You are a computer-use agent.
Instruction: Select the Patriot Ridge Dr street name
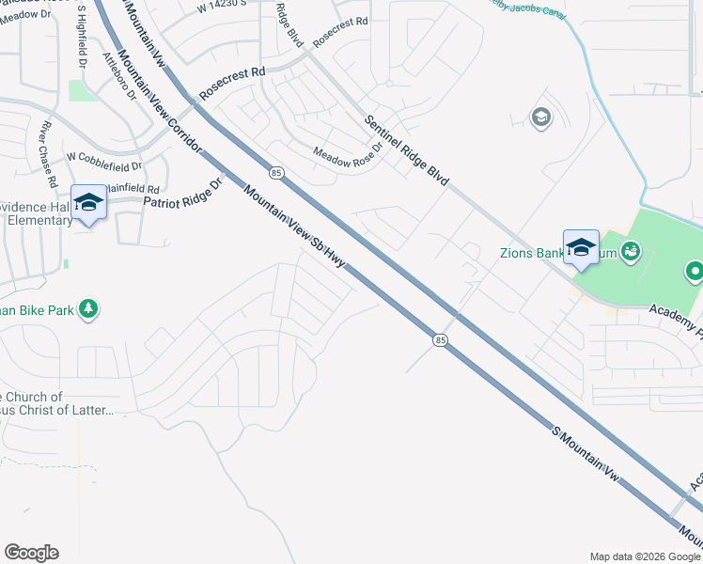[x=181, y=196]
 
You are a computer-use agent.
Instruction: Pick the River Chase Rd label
[x=44, y=151]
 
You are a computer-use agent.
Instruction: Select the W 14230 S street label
[x=223, y=6]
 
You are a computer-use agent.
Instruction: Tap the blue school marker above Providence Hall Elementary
[x=89, y=203]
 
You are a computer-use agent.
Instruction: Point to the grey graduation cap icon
[x=540, y=117]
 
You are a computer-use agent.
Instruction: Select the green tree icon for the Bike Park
[x=88, y=308]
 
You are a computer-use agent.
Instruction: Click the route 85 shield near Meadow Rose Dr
[x=275, y=173]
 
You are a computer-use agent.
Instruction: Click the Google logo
[x=31, y=553]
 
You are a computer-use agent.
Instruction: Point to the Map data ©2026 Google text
[x=644, y=556]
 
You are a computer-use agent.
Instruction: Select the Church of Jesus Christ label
[x=56, y=403]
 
